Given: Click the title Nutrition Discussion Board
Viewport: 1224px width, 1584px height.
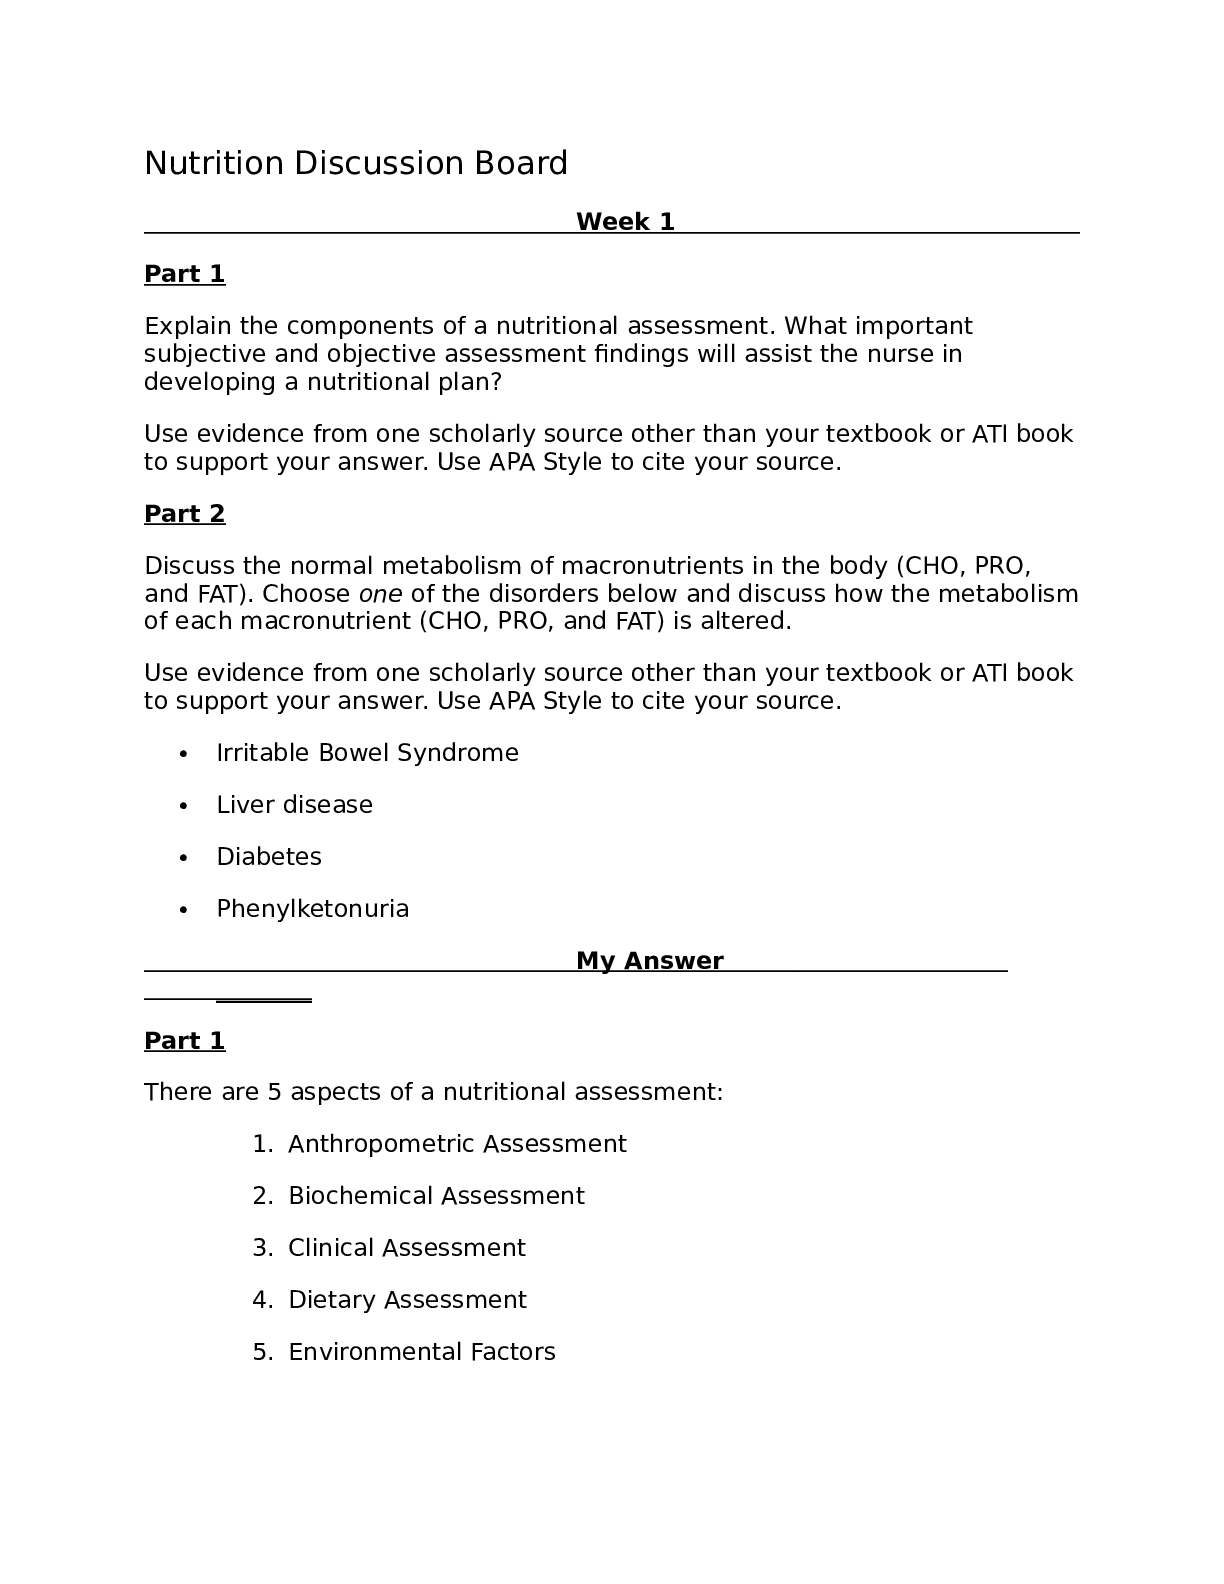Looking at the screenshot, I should (x=356, y=163).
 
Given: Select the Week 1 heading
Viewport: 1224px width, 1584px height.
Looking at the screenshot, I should (x=625, y=222).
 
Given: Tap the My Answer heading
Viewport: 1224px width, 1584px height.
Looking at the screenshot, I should (x=649, y=961).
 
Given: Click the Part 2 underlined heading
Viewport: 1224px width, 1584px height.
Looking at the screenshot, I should (x=185, y=514).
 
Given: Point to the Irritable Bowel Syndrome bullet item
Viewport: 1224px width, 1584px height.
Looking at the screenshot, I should (x=367, y=753).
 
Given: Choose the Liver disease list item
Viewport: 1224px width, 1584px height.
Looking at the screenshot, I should (x=294, y=805).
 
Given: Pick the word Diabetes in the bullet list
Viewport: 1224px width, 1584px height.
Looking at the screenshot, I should (x=269, y=857).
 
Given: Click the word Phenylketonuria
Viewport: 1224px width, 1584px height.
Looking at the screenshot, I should (x=312, y=909).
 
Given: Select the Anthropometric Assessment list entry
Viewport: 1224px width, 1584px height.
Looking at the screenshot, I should (x=457, y=1144).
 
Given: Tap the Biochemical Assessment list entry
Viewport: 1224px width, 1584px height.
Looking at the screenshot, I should (x=436, y=1196).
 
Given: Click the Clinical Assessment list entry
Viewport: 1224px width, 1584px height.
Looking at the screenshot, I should (x=406, y=1248).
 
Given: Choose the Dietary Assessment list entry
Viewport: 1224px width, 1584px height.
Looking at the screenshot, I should (x=407, y=1300).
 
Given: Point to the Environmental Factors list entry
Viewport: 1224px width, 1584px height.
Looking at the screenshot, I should (x=421, y=1352).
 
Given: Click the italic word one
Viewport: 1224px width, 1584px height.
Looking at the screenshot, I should (x=380, y=594).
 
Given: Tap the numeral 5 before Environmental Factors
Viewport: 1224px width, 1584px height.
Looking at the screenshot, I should (x=260, y=1352).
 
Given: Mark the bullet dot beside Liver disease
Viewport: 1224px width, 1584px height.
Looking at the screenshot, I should (x=183, y=806).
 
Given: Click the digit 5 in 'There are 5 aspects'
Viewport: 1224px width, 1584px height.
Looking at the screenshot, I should (x=274, y=1092).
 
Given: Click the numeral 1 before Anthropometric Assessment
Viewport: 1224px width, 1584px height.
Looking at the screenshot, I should (x=259, y=1144).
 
